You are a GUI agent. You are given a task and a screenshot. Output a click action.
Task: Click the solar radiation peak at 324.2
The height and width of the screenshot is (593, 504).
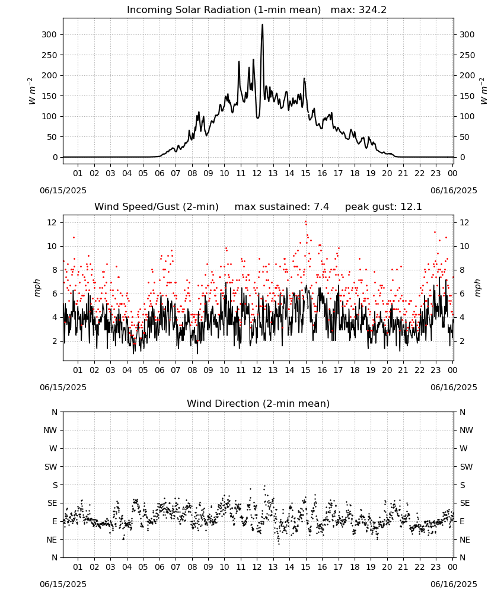click(263, 25)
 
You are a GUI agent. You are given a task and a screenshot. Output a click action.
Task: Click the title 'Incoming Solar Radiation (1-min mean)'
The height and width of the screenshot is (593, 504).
click(224, 10)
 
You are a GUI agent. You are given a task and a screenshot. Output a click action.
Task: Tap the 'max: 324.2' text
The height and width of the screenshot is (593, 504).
click(359, 10)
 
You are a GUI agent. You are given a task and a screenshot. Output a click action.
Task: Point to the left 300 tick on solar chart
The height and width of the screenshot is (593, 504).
click(49, 34)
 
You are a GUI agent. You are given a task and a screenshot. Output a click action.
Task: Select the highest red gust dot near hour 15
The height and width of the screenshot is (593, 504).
click(305, 222)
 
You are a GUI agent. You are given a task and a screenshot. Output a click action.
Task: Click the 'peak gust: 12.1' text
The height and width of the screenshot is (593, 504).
click(383, 207)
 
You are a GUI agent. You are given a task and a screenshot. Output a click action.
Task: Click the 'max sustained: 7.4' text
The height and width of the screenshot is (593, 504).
click(282, 207)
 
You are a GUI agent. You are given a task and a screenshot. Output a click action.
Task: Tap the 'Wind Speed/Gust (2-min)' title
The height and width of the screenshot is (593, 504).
click(156, 207)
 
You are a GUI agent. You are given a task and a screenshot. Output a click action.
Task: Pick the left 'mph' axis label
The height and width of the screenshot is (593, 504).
click(37, 288)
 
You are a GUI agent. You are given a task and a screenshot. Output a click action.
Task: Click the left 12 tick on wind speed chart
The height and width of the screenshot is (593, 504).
click(52, 222)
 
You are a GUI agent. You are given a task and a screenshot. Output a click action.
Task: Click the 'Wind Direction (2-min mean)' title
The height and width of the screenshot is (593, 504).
click(259, 403)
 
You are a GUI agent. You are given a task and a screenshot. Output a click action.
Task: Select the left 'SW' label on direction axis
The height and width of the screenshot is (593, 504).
click(50, 467)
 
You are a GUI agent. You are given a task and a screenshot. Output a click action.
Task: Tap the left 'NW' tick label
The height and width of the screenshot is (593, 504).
click(50, 430)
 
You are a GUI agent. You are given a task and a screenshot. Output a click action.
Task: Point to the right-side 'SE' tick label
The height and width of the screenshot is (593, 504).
click(465, 503)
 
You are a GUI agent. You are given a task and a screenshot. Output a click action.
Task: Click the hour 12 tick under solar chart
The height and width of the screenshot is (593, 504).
click(257, 173)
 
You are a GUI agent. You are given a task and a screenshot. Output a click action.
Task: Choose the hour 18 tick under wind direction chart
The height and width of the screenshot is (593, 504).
click(355, 567)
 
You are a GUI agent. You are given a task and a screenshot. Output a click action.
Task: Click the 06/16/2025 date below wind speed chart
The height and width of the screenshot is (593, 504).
click(454, 387)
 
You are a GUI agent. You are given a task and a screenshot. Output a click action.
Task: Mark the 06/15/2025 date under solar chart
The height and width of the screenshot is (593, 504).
click(63, 190)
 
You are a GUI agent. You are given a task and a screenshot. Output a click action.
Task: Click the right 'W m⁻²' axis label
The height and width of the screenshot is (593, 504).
click(484, 91)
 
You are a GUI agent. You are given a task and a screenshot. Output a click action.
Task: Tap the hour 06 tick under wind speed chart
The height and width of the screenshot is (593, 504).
click(160, 370)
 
